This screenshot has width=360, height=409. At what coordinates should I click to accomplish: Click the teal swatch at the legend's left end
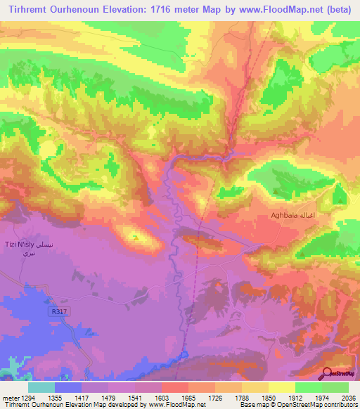point(41,387)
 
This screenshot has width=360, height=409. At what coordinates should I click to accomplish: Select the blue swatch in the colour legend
point(67,387)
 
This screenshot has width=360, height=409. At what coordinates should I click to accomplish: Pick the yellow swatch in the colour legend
point(281,387)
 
